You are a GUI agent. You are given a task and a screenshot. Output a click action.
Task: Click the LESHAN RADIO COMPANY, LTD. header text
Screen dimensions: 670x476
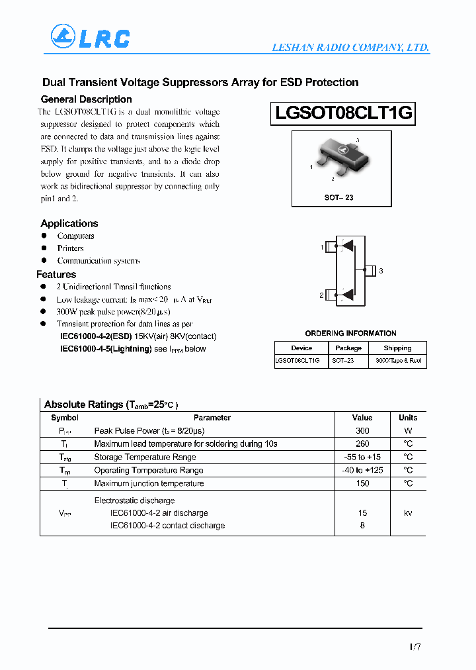click(350, 48)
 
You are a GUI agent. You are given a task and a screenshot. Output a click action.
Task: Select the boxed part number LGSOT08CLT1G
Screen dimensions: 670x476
click(343, 114)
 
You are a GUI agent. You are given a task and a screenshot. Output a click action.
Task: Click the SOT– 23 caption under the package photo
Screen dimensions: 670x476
click(338, 198)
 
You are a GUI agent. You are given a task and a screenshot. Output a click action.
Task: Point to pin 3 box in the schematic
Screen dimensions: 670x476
click(370, 270)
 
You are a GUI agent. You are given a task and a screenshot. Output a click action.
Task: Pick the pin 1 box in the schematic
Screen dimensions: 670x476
click(332, 247)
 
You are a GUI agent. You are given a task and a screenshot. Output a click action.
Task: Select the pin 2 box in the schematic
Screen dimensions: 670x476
click(332, 295)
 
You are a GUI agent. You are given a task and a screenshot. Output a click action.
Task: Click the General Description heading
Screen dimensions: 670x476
click(86, 99)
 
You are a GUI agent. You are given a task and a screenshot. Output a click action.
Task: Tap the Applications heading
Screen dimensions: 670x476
click(69, 224)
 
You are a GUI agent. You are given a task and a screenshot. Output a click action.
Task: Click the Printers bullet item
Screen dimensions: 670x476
click(70, 248)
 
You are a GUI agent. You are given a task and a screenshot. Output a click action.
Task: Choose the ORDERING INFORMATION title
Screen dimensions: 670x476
click(350, 334)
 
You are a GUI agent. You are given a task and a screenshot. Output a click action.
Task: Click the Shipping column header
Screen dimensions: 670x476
click(397, 348)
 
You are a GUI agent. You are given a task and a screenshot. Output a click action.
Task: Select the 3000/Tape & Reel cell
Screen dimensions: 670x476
click(398, 361)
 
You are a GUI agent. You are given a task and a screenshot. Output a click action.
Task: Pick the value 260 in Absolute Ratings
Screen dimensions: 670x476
click(362, 444)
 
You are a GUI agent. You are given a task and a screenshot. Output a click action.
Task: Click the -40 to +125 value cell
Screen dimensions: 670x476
click(362, 471)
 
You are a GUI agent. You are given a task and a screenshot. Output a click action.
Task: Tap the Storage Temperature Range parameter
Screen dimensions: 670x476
click(145, 457)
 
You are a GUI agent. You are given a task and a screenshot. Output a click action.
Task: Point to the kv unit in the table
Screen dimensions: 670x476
click(408, 513)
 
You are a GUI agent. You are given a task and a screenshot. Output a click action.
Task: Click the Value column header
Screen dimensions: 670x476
click(362, 418)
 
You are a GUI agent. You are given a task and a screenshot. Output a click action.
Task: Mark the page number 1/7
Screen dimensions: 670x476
click(414, 646)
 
